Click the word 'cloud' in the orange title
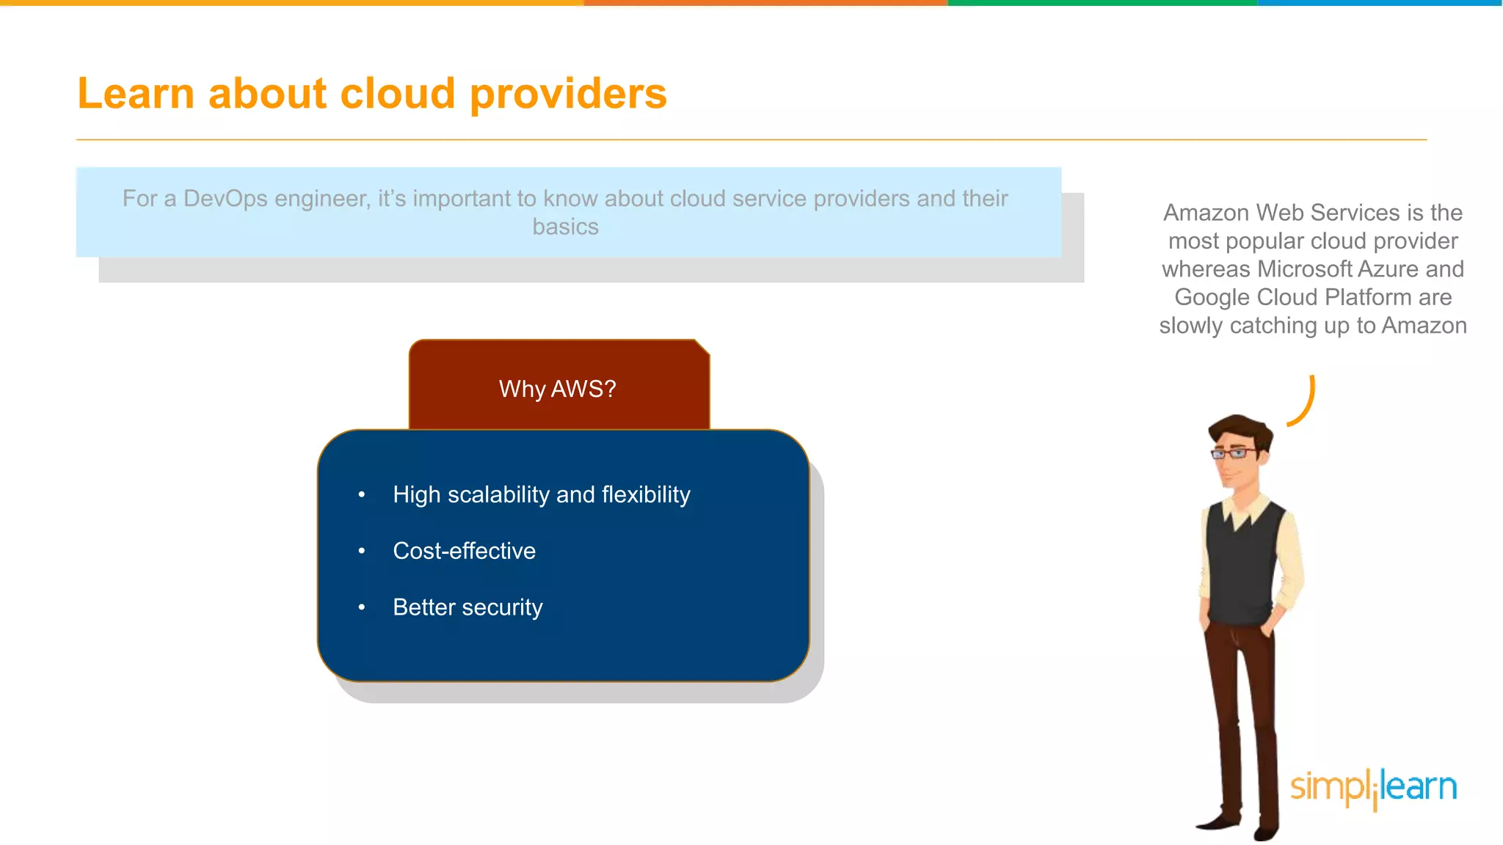click(x=397, y=94)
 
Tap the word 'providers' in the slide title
click(x=568, y=95)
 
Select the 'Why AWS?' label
click(x=558, y=389)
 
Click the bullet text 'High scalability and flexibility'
click(x=542, y=495)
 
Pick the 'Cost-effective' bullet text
click(x=465, y=551)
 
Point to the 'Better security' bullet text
click(x=467, y=607)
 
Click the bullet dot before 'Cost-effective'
click(x=362, y=551)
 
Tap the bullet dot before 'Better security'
click(x=362, y=607)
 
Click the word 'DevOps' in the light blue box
click(x=225, y=199)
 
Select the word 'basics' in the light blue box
click(x=565, y=227)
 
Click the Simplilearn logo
click(x=1373, y=788)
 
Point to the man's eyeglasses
click(x=1234, y=453)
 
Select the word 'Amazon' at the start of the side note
click(x=1206, y=213)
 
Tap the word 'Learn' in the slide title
click(x=136, y=94)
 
